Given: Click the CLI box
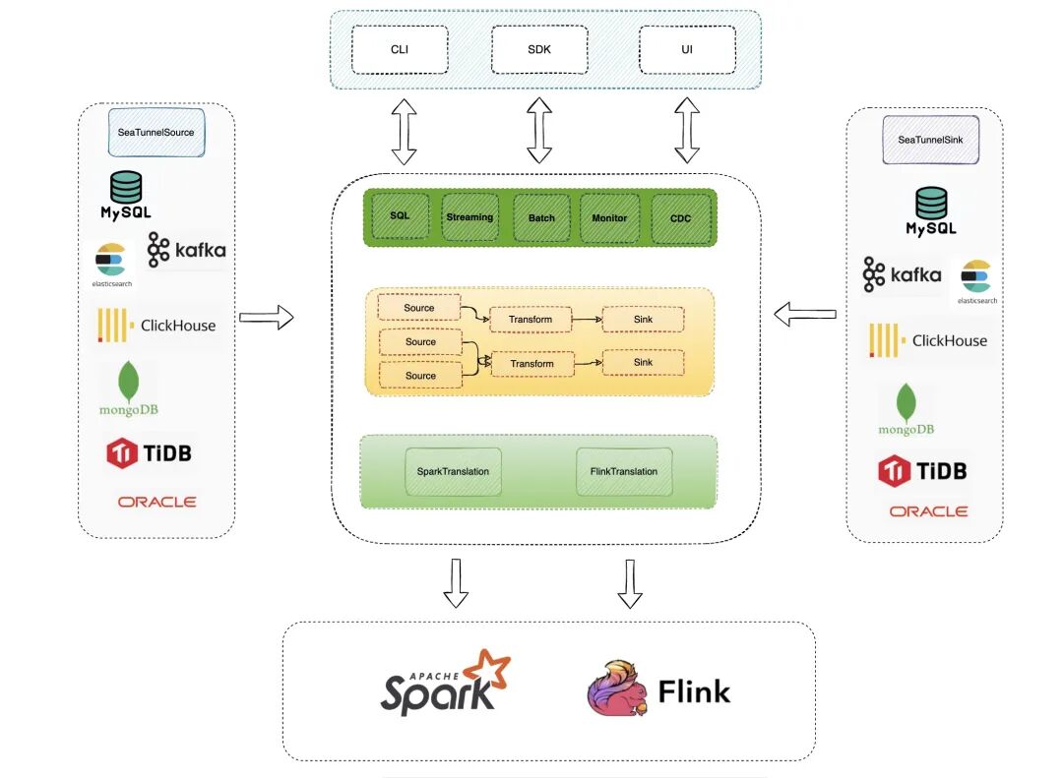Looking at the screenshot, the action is [x=400, y=49].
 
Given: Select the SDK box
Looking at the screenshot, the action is [x=539, y=49].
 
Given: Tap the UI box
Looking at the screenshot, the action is [x=687, y=49].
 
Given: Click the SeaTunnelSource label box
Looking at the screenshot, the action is [x=156, y=132].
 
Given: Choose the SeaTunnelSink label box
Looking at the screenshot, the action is [x=930, y=140].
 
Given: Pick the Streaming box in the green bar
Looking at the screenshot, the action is [x=469, y=216].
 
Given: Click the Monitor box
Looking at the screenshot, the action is [x=609, y=217].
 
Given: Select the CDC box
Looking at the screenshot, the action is [x=681, y=218].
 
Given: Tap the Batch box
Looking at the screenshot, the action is [x=541, y=217].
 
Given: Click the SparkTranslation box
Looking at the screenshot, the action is [x=453, y=471].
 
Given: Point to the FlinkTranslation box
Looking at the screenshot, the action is [x=624, y=471].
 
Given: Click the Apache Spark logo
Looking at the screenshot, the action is [x=445, y=684].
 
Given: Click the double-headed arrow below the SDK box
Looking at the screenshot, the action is [x=539, y=130].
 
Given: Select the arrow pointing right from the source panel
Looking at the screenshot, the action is [x=267, y=317].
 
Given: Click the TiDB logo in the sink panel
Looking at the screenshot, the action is [x=922, y=470].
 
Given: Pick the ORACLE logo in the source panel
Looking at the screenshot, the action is [x=156, y=502].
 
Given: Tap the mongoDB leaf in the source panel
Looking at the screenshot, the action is [x=128, y=381].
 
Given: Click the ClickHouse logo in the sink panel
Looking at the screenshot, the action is [x=928, y=340].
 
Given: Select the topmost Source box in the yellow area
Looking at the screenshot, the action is [x=419, y=307].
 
